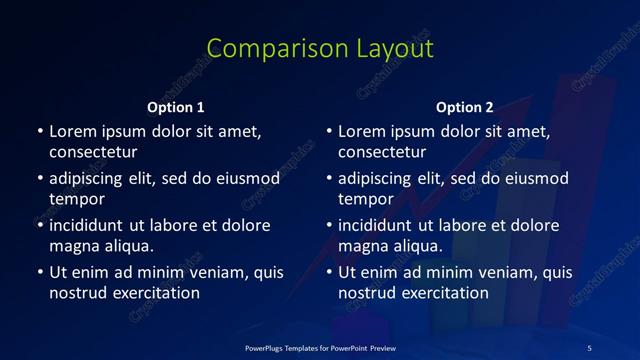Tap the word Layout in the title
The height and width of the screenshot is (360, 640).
(x=393, y=49)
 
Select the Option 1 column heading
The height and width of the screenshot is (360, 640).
(x=176, y=107)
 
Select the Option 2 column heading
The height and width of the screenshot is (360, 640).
(x=465, y=107)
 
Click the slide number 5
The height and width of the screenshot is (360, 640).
(x=589, y=347)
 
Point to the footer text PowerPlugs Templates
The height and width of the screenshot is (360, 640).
(x=291, y=347)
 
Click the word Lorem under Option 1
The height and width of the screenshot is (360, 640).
(x=71, y=131)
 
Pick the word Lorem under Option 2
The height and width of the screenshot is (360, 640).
(x=360, y=131)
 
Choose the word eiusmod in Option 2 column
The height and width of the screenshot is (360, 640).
(x=534, y=178)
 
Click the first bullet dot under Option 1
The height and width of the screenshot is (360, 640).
(x=39, y=132)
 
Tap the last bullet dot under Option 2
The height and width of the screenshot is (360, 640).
(x=328, y=272)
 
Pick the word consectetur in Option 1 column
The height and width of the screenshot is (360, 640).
(x=93, y=152)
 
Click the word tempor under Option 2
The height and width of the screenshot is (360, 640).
(x=365, y=199)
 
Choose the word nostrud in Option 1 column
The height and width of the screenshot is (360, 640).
(x=77, y=293)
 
